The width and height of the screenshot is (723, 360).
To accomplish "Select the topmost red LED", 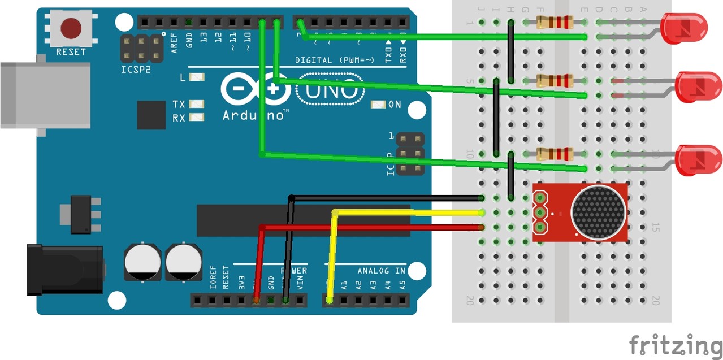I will pyautogui.click(x=685, y=29).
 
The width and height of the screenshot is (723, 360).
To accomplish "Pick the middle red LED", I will pyautogui.click(x=699, y=86).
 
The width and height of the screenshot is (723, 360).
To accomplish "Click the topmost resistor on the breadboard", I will pyautogui.click(x=555, y=23).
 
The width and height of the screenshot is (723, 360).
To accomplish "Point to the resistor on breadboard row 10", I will pyautogui.click(x=555, y=154).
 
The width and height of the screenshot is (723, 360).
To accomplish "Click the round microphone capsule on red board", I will pyautogui.click(x=599, y=211).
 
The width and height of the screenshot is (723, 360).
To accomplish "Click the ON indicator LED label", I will pyautogui.click(x=395, y=105).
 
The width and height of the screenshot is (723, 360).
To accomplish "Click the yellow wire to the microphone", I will pyautogui.click(x=407, y=212).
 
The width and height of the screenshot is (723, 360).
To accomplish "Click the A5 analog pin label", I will pyautogui.click(x=402, y=285).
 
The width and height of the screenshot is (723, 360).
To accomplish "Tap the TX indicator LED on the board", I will pyautogui.click(x=196, y=105).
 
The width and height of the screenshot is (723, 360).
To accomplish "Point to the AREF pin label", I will pyautogui.click(x=174, y=42).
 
